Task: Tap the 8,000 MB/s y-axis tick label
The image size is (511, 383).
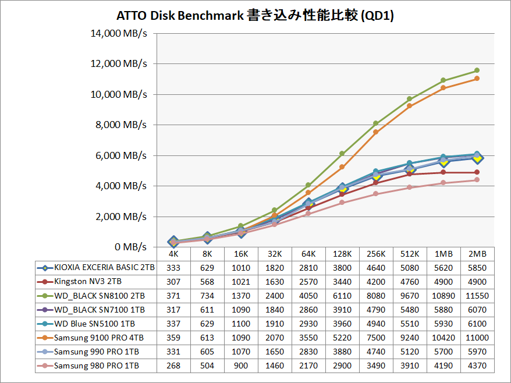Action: click(x=122, y=125)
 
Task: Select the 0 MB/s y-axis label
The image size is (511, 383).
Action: click(x=128, y=247)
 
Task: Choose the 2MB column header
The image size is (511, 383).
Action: click(x=477, y=254)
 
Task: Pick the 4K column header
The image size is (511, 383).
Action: click(x=173, y=254)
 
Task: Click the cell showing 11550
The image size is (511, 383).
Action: click(x=477, y=296)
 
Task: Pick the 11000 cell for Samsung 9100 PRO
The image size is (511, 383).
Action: click(x=477, y=338)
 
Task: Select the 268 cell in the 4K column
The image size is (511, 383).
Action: click(x=173, y=366)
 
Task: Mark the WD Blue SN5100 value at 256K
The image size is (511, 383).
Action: click(x=376, y=324)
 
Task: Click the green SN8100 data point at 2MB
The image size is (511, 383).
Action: click(x=477, y=70)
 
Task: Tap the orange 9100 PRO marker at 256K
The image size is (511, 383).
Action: click(x=376, y=132)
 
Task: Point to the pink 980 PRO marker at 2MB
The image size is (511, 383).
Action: click(x=477, y=180)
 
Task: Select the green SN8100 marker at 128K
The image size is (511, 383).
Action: click(x=342, y=154)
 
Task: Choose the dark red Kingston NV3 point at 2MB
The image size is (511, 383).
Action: click(x=477, y=172)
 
